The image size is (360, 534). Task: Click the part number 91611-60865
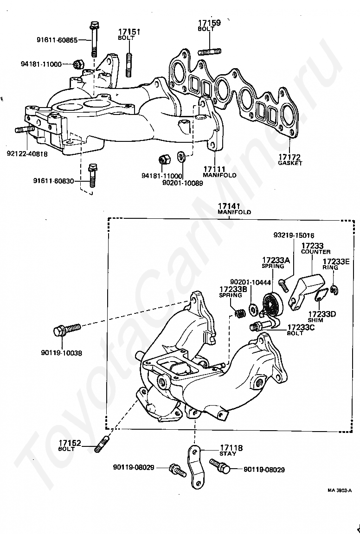(57, 40)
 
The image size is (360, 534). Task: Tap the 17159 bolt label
(209, 23)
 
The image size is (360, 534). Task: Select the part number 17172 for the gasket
(290, 157)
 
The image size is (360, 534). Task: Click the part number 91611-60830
(53, 180)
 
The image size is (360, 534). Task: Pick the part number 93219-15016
(294, 235)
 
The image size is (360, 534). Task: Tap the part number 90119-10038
(61, 353)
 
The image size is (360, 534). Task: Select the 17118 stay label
(231, 448)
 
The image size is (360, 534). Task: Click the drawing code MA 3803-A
(340, 490)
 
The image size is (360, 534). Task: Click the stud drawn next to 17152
(103, 445)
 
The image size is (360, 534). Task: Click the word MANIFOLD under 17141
(234, 212)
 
